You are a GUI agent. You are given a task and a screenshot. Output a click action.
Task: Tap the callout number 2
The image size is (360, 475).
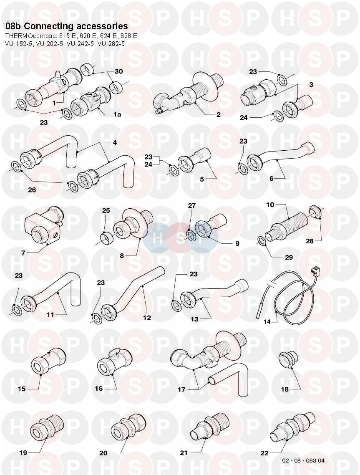[x=219, y=114]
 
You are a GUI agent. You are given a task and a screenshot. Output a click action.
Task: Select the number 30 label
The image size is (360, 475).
[x=119, y=71]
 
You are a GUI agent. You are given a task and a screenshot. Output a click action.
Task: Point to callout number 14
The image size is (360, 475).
[x=267, y=322]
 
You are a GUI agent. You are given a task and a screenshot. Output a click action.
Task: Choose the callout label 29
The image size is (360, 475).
[x=289, y=257]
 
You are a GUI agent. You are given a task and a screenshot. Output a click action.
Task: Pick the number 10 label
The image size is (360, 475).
[x=270, y=205]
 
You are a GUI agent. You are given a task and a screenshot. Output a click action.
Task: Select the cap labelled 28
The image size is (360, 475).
[x=315, y=212]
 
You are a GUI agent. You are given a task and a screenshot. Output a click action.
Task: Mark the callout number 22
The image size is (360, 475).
[x=264, y=453]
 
